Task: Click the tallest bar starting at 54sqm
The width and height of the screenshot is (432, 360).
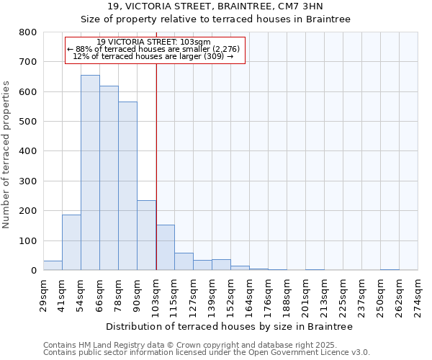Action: click(90, 173)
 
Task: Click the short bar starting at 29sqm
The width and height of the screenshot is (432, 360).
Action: click(53, 265)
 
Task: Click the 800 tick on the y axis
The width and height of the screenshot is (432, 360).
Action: click(28, 32)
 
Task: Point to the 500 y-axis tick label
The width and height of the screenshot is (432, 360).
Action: click(28, 122)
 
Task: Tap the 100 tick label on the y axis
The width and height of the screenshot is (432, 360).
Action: click(28, 240)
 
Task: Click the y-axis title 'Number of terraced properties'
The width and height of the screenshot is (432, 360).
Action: click(7, 154)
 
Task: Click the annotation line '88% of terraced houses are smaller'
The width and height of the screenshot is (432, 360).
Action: click(155, 49)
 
